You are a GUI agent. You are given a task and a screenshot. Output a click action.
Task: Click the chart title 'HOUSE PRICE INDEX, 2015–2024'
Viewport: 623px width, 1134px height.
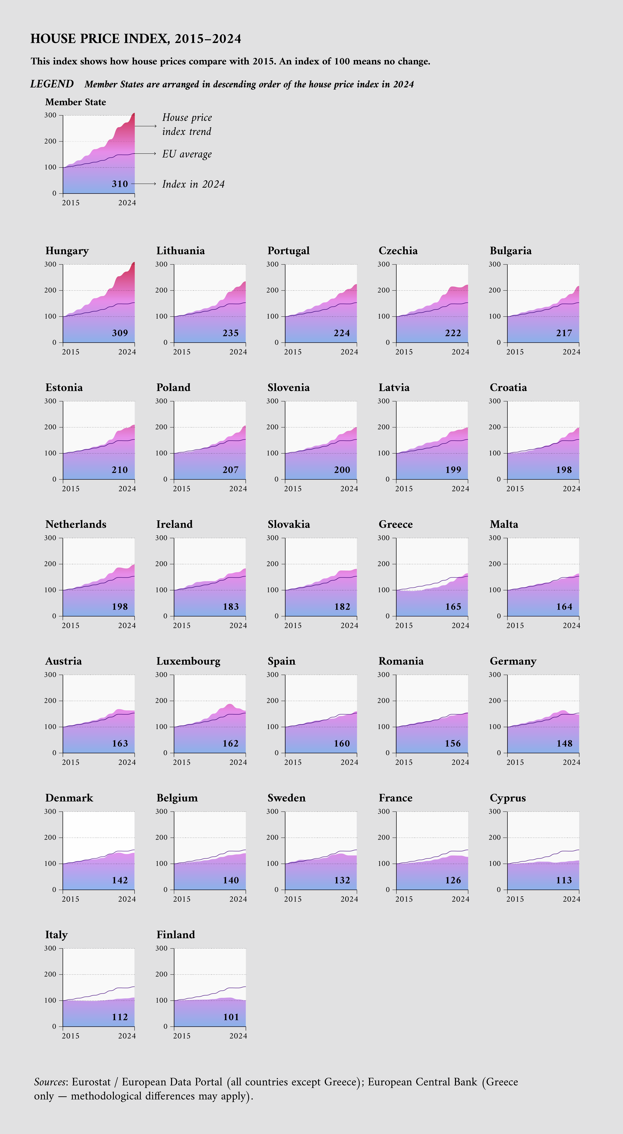[136, 39]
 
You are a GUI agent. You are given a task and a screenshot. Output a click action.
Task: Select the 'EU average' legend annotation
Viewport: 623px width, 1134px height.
[187, 154]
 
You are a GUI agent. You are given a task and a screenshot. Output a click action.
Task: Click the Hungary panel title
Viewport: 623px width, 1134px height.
[67, 251]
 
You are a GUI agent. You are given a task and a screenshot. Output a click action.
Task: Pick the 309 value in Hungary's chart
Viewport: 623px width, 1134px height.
[120, 333]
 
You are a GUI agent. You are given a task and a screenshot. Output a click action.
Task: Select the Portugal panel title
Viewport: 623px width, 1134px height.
[289, 251]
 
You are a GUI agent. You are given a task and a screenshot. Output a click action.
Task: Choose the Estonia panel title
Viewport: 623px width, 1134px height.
[64, 388]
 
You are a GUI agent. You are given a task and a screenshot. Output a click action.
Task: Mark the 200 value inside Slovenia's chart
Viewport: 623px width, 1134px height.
[342, 470]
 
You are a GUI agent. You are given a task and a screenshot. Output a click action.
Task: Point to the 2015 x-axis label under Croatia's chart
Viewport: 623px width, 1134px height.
[515, 489]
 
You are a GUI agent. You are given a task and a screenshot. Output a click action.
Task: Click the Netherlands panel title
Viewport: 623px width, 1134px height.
[76, 524]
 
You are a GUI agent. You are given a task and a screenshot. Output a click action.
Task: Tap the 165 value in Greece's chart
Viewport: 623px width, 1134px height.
[453, 607]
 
